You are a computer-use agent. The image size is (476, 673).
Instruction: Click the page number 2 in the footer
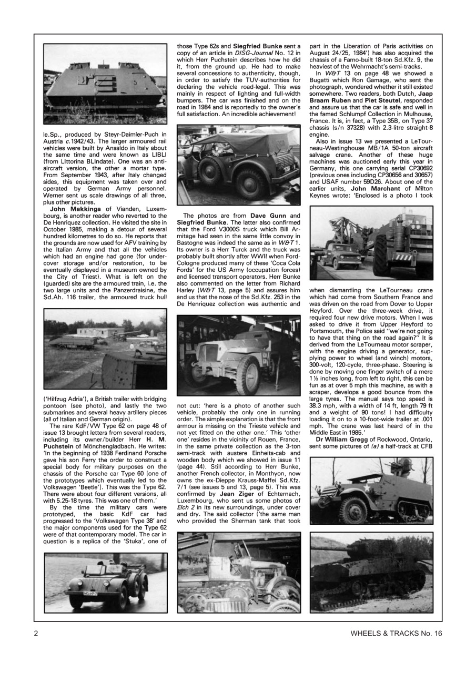click(x=36, y=633)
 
